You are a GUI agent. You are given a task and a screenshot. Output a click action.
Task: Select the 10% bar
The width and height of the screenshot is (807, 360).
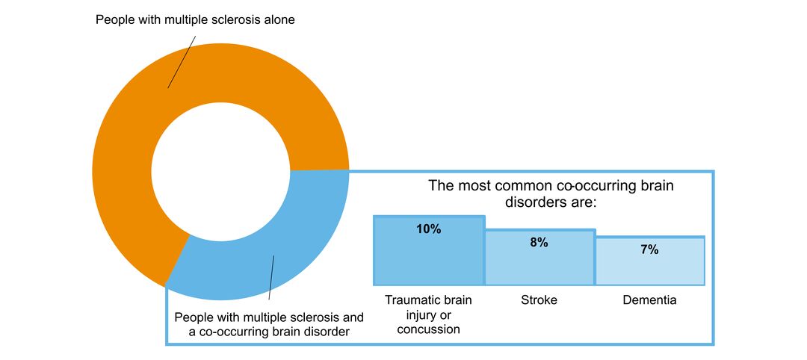pyautogui.click(x=429, y=258)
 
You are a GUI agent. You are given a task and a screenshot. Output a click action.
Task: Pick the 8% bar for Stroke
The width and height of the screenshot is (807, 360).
pyautogui.click(x=539, y=265)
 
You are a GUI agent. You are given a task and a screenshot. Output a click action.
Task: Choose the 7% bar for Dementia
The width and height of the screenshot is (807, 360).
pyautogui.click(x=649, y=269)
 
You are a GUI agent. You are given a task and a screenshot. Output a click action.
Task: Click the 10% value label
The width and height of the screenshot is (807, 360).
pyautogui.click(x=429, y=229)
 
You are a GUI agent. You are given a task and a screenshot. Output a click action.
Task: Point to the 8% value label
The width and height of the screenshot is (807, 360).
pyautogui.click(x=539, y=242)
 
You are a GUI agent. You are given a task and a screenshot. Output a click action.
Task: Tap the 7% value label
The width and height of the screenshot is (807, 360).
pyautogui.click(x=649, y=249)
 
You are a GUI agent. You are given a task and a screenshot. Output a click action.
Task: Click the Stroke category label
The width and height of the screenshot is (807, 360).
pyautogui.click(x=539, y=300)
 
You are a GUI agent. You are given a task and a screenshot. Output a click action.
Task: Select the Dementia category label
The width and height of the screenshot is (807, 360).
pyautogui.click(x=649, y=300)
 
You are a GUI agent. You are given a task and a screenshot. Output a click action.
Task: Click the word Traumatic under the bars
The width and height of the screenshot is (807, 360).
pyautogui.click(x=411, y=300)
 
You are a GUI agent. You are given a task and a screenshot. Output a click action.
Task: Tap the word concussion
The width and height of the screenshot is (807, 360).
pyautogui.click(x=429, y=329)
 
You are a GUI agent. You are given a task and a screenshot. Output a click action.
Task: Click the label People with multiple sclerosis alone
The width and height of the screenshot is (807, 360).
pyautogui.click(x=195, y=20)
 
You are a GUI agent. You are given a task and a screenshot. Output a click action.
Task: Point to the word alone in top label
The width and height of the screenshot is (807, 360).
pyautogui.click(x=279, y=20)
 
